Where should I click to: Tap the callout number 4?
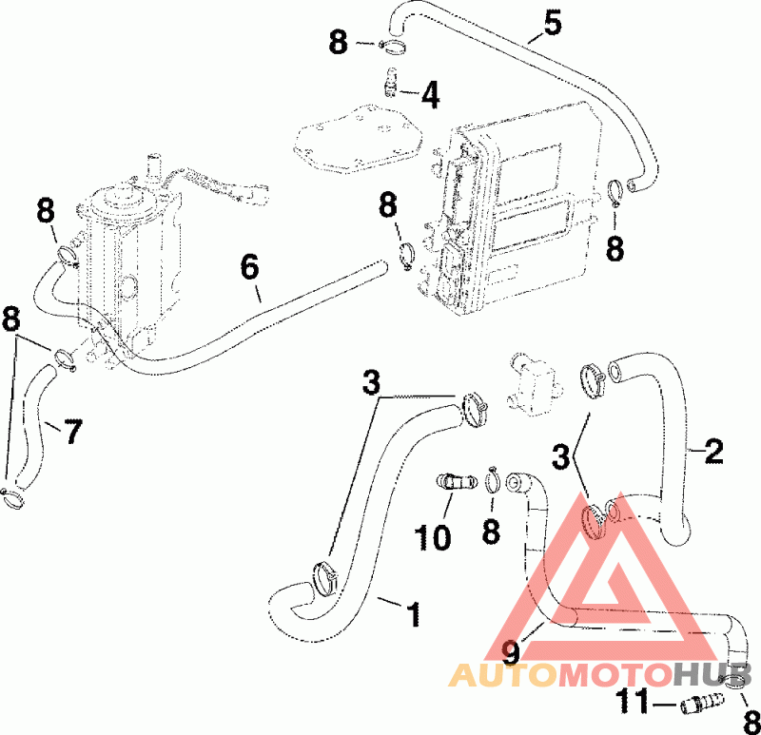pyautogui.click(x=430, y=94)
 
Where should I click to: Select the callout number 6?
pyautogui.click(x=249, y=267)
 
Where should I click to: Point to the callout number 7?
pyautogui.click(x=71, y=432)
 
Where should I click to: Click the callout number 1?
pyautogui.click(x=413, y=614)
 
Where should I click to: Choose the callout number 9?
pyautogui.click(x=512, y=652)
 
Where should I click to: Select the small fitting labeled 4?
pyautogui.click(x=390, y=84)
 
